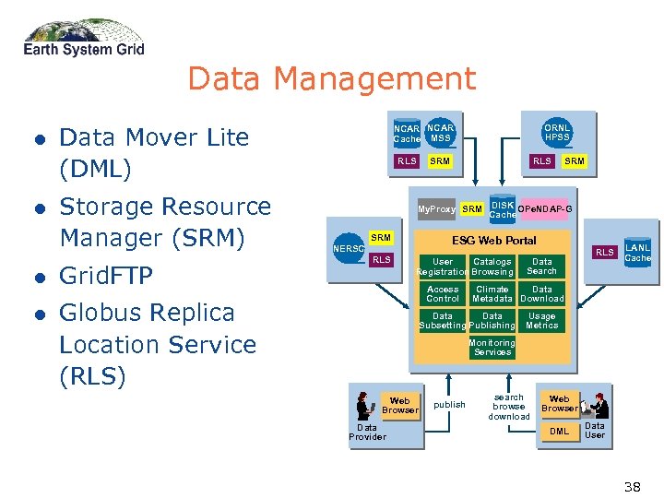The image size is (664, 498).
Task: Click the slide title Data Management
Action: click(331, 79)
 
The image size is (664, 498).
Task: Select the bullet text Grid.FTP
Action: click(105, 276)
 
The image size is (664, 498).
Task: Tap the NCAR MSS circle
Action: click(441, 133)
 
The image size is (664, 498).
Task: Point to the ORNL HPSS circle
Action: click(557, 133)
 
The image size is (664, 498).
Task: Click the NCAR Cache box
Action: click(407, 134)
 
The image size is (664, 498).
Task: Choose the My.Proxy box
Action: click(436, 209)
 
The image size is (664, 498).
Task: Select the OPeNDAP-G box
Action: click(544, 209)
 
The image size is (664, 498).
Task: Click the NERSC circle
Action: click(349, 248)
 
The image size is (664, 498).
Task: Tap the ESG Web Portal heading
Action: click(493, 241)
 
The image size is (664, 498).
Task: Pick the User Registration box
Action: click(443, 267)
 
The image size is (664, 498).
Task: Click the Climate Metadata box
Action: click(492, 293)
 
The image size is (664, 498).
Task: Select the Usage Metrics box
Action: click(541, 320)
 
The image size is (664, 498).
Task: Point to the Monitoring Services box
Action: click(492, 347)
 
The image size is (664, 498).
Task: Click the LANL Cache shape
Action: click(637, 251)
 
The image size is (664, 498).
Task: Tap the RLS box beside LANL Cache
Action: click(604, 252)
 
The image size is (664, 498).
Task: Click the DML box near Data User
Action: click(559, 431)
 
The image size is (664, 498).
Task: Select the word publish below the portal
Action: click(449, 405)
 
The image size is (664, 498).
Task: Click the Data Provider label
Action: click(367, 432)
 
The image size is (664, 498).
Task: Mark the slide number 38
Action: click(632, 486)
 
